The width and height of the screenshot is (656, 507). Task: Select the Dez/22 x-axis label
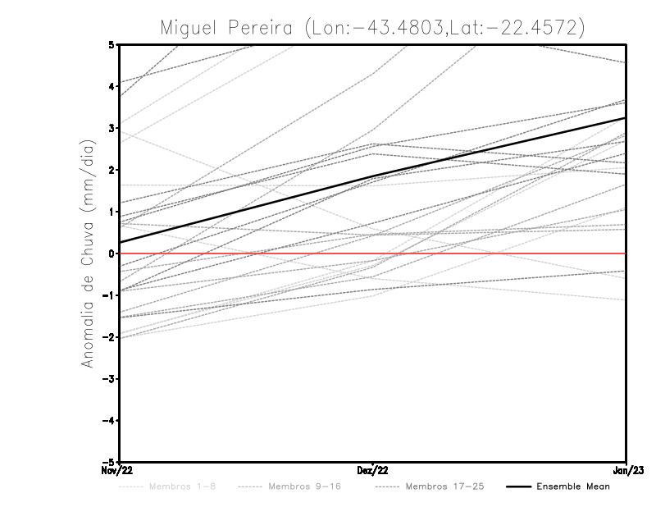click(x=372, y=470)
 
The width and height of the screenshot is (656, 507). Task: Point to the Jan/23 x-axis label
click(x=626, y=470)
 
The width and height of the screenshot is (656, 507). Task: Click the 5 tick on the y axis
click(x=111, y=44)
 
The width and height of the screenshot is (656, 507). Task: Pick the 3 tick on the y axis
click(x=111, y=128)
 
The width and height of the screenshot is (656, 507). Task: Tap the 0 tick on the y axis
click(x=111, y=253)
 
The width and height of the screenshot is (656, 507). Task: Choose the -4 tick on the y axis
click(x=108, y=420)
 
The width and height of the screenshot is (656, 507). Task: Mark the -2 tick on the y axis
click(x=108, y=336)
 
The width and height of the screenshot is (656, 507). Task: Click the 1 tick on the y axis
click(x=111, y=212)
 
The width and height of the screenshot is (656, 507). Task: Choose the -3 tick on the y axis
click(x=108, y=378)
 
